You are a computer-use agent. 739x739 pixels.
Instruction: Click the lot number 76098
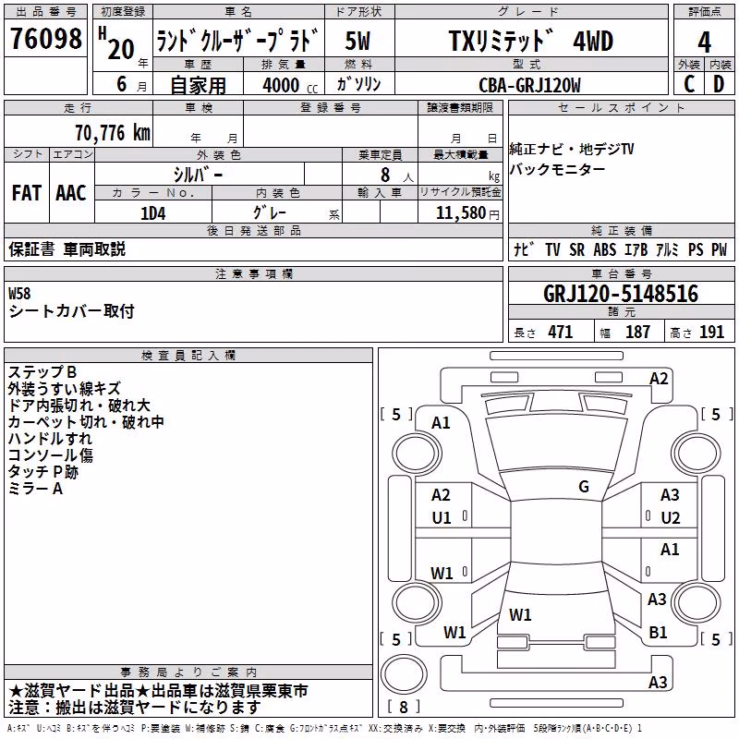(x=45, y=39)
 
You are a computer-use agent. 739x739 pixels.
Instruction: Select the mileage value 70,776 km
(x=113, y=133)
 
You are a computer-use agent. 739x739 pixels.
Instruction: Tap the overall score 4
(x=704, y=42)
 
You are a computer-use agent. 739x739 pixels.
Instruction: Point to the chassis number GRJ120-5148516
(x=621, y=294)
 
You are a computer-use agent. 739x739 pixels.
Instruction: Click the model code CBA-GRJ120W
(x=529, y=85)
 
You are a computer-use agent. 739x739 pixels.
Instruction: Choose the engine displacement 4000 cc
(x=290, y=85)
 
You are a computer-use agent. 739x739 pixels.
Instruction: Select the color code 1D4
(x=153, y=213)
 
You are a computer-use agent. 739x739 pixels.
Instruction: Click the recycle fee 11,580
(x=461, y=213)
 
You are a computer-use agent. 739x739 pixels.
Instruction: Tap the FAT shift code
(x=27, y=193)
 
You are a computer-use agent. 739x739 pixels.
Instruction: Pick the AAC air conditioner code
(x=71, y=193)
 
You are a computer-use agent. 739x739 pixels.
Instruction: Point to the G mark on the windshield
(x=584, y=487)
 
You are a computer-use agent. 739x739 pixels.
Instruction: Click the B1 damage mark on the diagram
(x=658, y=632)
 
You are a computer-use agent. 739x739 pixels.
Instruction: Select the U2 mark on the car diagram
(x=671, y=518)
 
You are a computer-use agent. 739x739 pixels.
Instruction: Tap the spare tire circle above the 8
(x=404, y=674)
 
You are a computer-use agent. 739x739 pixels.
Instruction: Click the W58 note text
(x=19, y=294)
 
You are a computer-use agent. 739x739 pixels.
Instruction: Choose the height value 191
(x=711, y=332)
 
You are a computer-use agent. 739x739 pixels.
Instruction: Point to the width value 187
(x=637, y=332)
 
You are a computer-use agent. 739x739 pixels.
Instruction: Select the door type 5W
(x=357, y=41)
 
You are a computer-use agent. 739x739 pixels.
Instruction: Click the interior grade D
(x=719, y=84)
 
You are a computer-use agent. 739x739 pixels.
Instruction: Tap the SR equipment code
(x=576, y=249)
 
